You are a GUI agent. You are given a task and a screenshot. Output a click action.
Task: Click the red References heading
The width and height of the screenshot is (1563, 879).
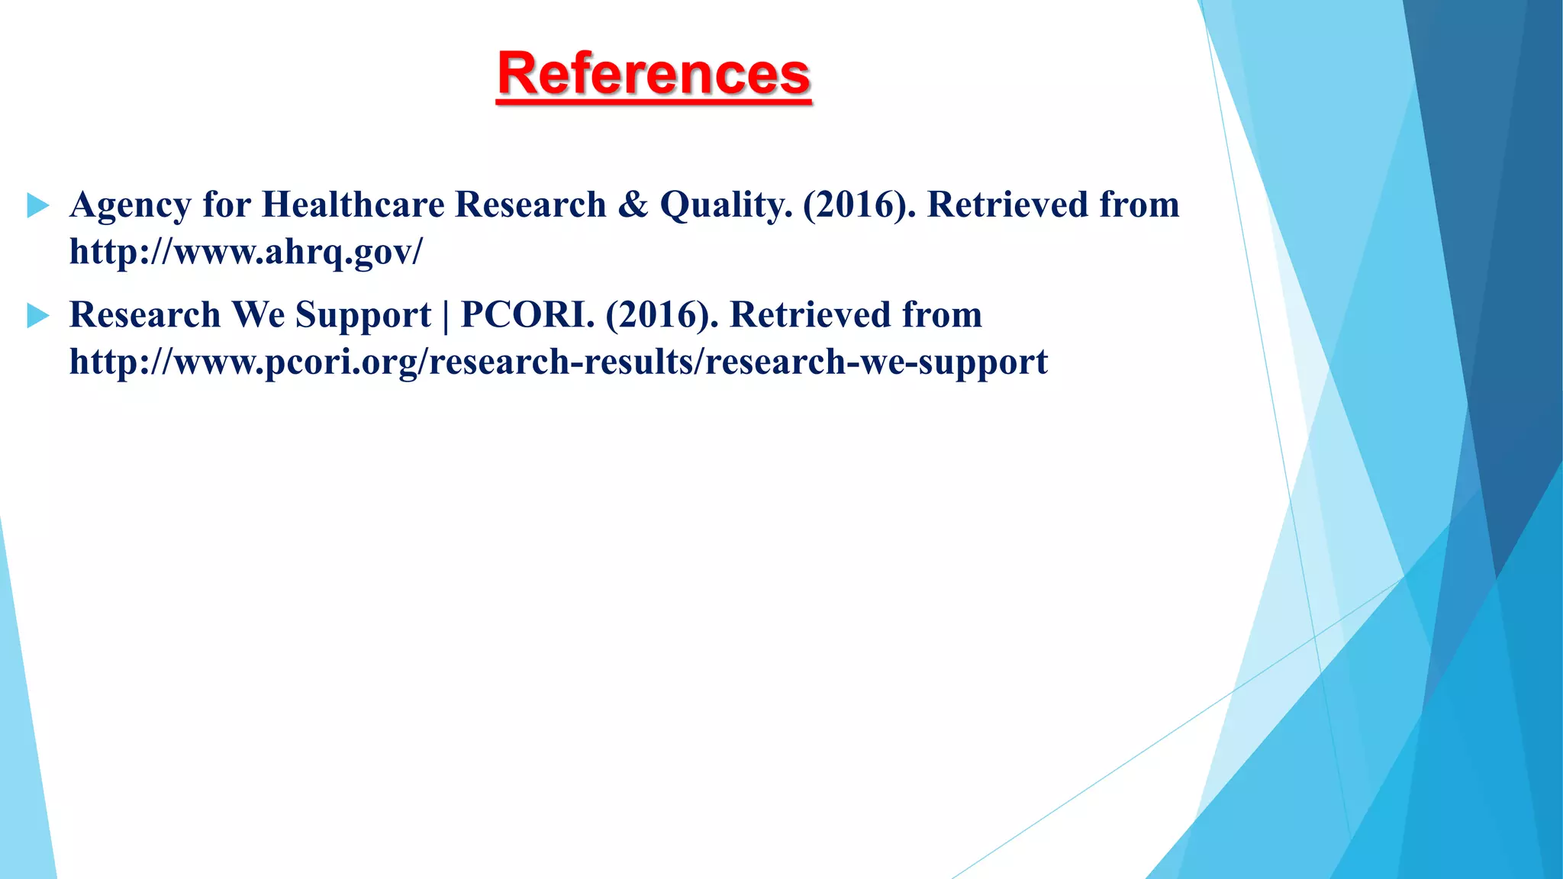(653, 74)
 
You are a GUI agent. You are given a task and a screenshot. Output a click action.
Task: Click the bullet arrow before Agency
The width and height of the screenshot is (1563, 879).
(37, 205)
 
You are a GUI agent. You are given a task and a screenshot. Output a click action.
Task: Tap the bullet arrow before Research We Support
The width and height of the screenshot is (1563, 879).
(37, 315)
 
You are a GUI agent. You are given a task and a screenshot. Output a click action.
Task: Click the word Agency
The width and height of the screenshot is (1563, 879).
(130, 206)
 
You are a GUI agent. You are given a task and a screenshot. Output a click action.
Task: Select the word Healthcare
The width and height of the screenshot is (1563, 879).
(353, 204)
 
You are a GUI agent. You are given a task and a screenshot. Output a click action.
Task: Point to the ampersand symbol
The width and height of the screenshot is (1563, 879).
(633, 204)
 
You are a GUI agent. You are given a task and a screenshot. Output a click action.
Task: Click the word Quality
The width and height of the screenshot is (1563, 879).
(726, 204)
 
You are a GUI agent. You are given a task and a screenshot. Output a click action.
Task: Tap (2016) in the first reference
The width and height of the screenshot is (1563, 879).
(859, 204)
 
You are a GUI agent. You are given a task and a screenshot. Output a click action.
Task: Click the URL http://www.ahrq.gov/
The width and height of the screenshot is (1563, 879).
(245, 252)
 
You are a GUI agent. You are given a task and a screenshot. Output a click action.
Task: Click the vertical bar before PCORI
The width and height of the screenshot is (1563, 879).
(446, 316)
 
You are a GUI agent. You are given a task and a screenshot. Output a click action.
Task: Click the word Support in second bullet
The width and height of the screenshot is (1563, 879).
(363, 316)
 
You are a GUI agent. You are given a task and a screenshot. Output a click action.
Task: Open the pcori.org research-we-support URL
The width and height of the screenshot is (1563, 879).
(558, 362)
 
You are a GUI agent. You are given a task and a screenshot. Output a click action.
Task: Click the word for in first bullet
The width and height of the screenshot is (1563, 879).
(227, 204)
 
